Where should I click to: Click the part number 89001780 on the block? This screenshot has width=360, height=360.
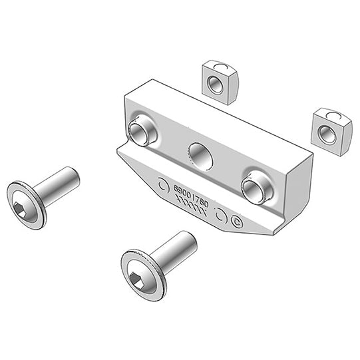191,195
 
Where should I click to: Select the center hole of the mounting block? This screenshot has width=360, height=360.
200,156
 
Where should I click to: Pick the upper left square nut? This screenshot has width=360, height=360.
220,82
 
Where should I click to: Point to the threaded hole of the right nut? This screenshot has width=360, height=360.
327,134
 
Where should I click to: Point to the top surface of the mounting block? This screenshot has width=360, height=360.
220,116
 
